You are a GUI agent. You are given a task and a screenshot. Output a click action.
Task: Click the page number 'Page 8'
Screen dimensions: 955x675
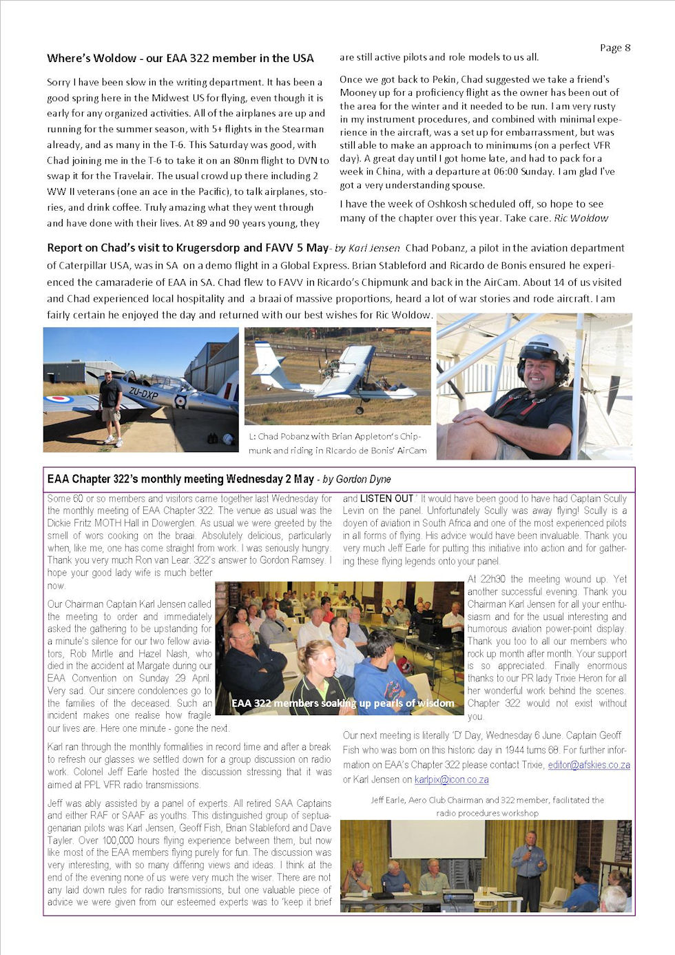tap(614, 48)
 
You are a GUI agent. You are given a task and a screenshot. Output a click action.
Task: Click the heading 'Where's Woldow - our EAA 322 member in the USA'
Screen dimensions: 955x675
tap(180, 59)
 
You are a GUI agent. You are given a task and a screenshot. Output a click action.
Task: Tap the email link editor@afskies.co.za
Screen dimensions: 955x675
tap(589, 765)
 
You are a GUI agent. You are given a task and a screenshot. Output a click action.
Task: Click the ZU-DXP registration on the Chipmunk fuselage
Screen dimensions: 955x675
tap(143, 393)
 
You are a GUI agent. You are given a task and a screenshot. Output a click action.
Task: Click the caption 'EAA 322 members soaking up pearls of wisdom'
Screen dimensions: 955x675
tap(342, 704)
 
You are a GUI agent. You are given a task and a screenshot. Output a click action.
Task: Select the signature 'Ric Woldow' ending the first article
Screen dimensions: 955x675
tap(581, 218)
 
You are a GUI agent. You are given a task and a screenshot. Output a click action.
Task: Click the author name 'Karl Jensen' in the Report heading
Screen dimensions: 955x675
tap(373, 248)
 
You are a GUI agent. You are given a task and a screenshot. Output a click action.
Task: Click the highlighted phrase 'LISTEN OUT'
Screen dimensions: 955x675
tap(386, 498)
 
